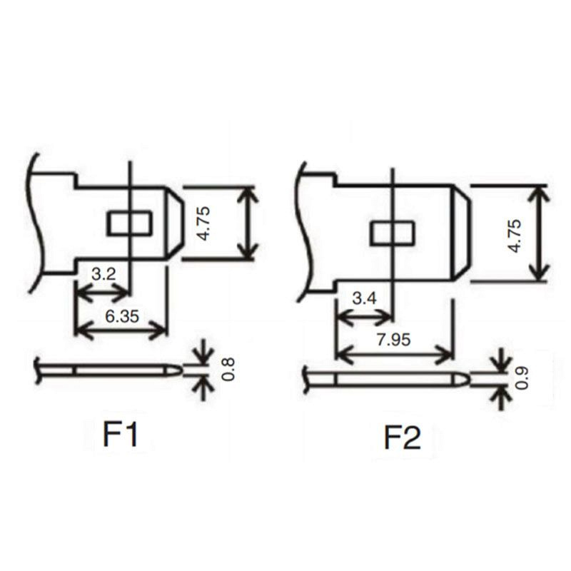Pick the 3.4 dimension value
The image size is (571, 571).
pyautogui.click(x=364, y=298)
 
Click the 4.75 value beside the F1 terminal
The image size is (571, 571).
pyautogui.click(x=203, y=223)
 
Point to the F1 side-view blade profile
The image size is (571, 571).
pyautogui.click(x=107, y=370)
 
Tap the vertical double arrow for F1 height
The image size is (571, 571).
pyautogui.click(x=247, y=223)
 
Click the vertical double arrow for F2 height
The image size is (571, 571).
pyautogui.click(x=540, y=233)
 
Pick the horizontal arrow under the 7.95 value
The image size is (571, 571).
pyautogui.click(x=394, y=353)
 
